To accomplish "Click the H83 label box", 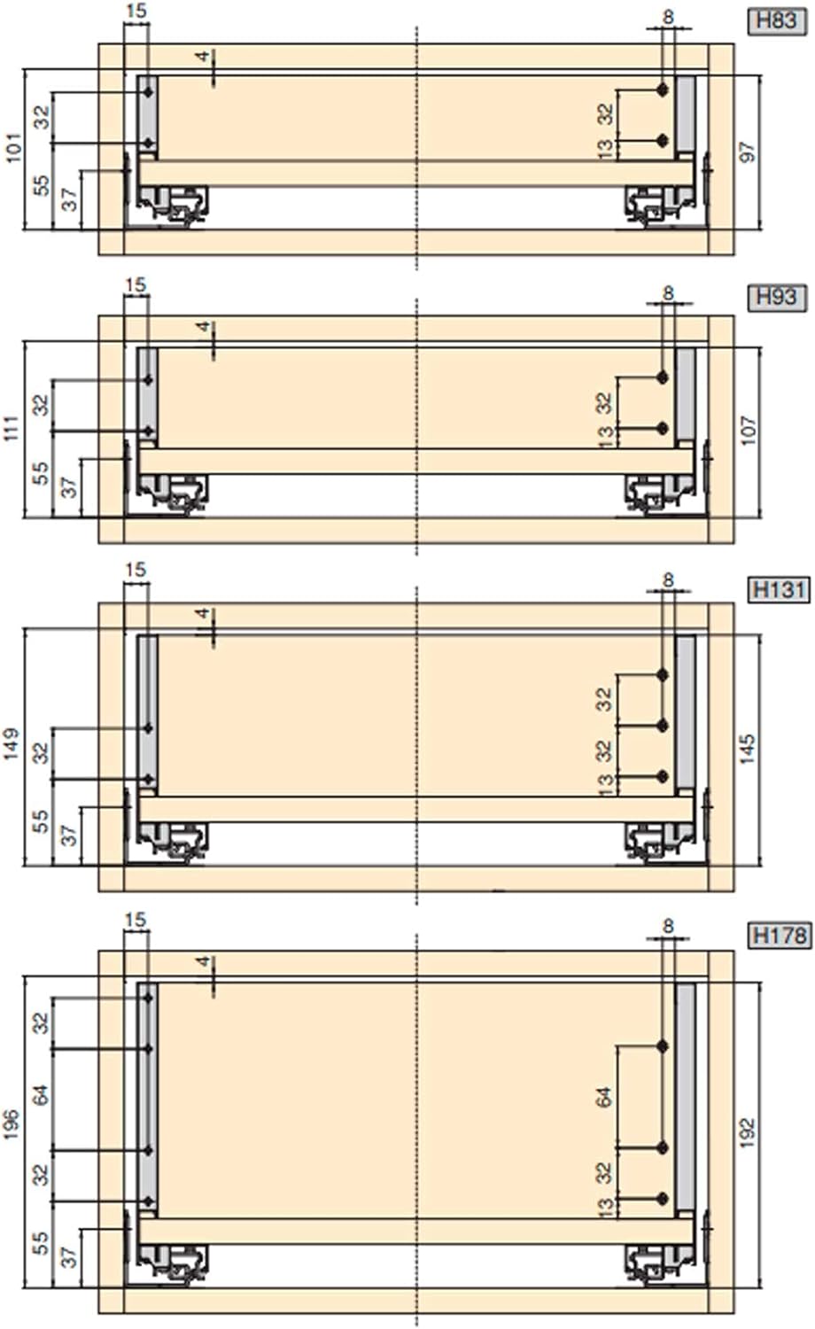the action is point(776,21).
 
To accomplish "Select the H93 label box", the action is point(776,297).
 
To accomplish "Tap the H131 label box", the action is point(779,590).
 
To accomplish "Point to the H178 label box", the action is point(779,936).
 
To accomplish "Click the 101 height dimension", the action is point(13,148).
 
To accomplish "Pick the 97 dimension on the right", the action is point(748,152).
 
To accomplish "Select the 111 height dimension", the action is point(12,428).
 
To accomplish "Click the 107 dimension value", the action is point(749,430).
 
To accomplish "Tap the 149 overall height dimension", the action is point(12,744).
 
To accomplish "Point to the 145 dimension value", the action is point(749,749).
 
